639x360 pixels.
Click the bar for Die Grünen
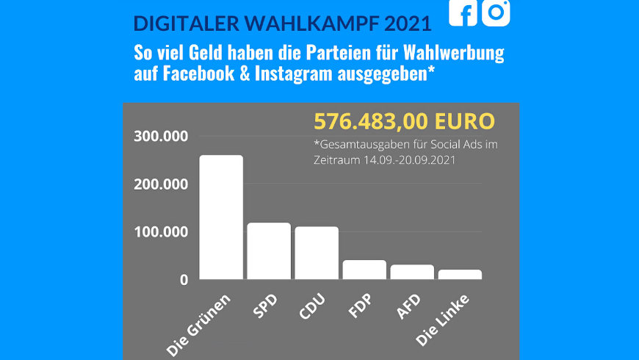[x=221, y=217]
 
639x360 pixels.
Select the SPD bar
[x=269, y=251]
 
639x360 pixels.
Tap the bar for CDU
[x=317, y=253]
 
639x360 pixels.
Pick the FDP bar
[x=364, y=270]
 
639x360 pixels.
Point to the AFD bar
[x=412, y=272]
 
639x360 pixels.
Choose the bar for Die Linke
[x=460, y=275]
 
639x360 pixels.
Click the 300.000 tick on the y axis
[x=161, y=137]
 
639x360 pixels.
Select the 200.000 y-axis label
[x=161, y=184]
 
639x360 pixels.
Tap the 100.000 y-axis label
[x=161, y=232]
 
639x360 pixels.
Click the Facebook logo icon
[x=463, y=12]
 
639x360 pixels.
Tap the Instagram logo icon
[x=496, y=12]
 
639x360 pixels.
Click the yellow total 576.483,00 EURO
[x=404, y=121]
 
